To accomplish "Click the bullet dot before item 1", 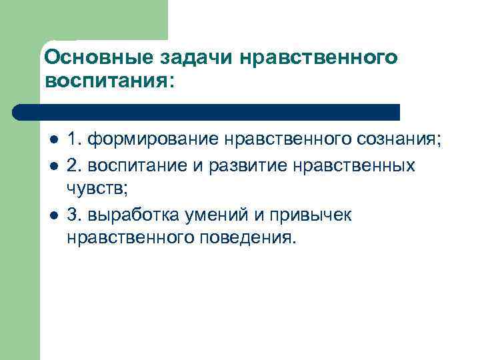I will (x=53, y=141).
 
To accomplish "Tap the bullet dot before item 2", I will (x=53, y=165).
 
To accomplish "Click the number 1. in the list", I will (x=75, y=140).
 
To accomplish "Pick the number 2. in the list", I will (x=75, y=164).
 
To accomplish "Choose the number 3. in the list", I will (x=75, y=215).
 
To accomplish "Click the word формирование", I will (x=153, y=141).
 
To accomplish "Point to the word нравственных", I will (x=353, y=165).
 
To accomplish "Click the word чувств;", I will (x=97, y=189).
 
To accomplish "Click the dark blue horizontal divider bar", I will (x=207, y=111).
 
